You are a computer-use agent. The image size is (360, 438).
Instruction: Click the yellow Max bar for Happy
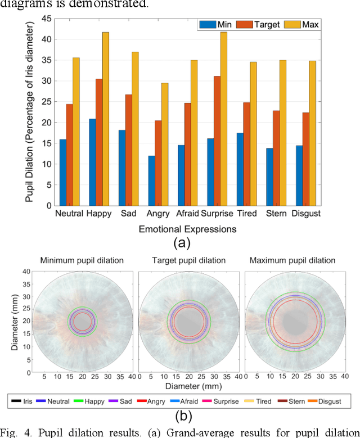105,119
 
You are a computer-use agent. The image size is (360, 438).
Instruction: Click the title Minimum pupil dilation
82,260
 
